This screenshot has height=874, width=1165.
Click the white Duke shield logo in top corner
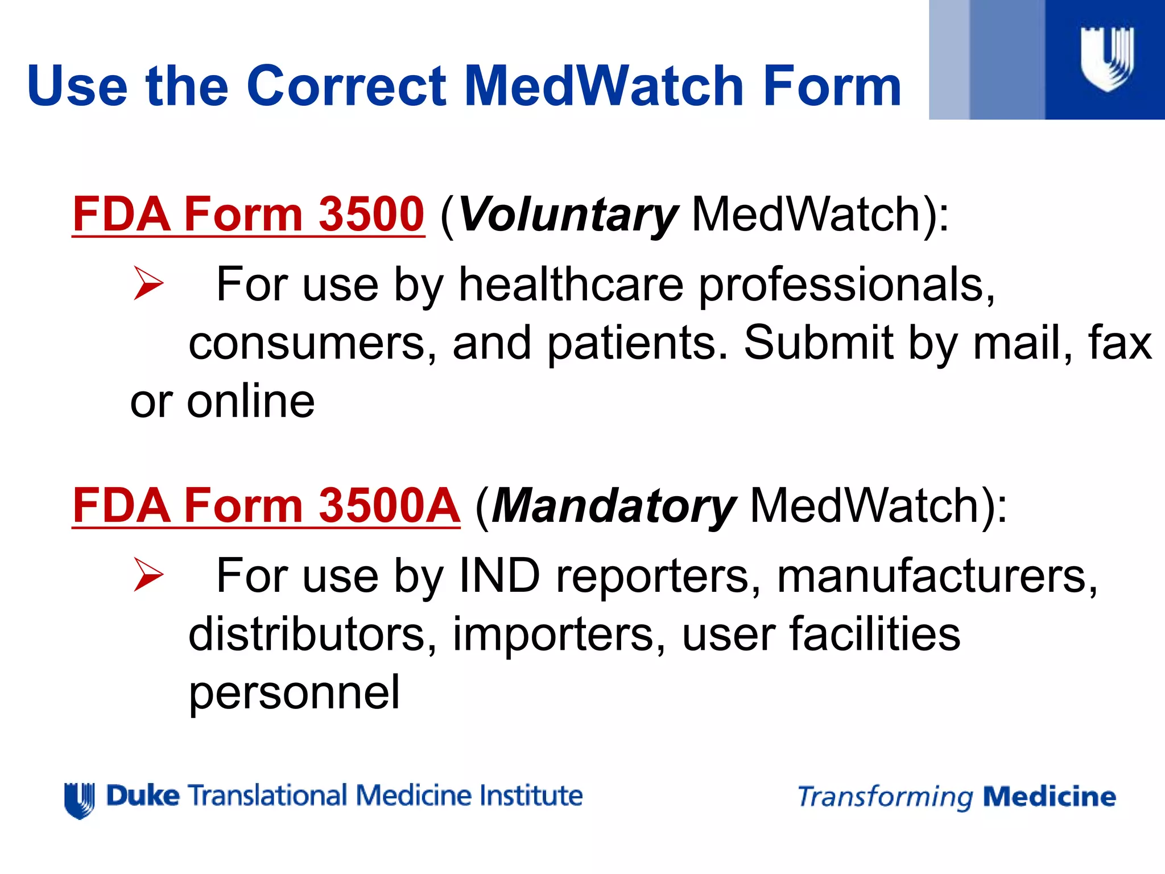(1106, 59)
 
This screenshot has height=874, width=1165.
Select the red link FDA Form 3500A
(266, 505)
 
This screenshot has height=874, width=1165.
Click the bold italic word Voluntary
(568, 215)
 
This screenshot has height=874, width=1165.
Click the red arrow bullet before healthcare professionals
(148, 283)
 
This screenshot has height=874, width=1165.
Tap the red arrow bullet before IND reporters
(148, 575)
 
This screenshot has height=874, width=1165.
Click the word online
(250, 401)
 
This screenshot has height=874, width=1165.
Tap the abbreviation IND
(499, 576)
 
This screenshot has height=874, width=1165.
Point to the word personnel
(294, 693)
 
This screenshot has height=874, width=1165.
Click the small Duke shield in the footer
(79, 800)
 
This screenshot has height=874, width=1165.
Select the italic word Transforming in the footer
(885, 797)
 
